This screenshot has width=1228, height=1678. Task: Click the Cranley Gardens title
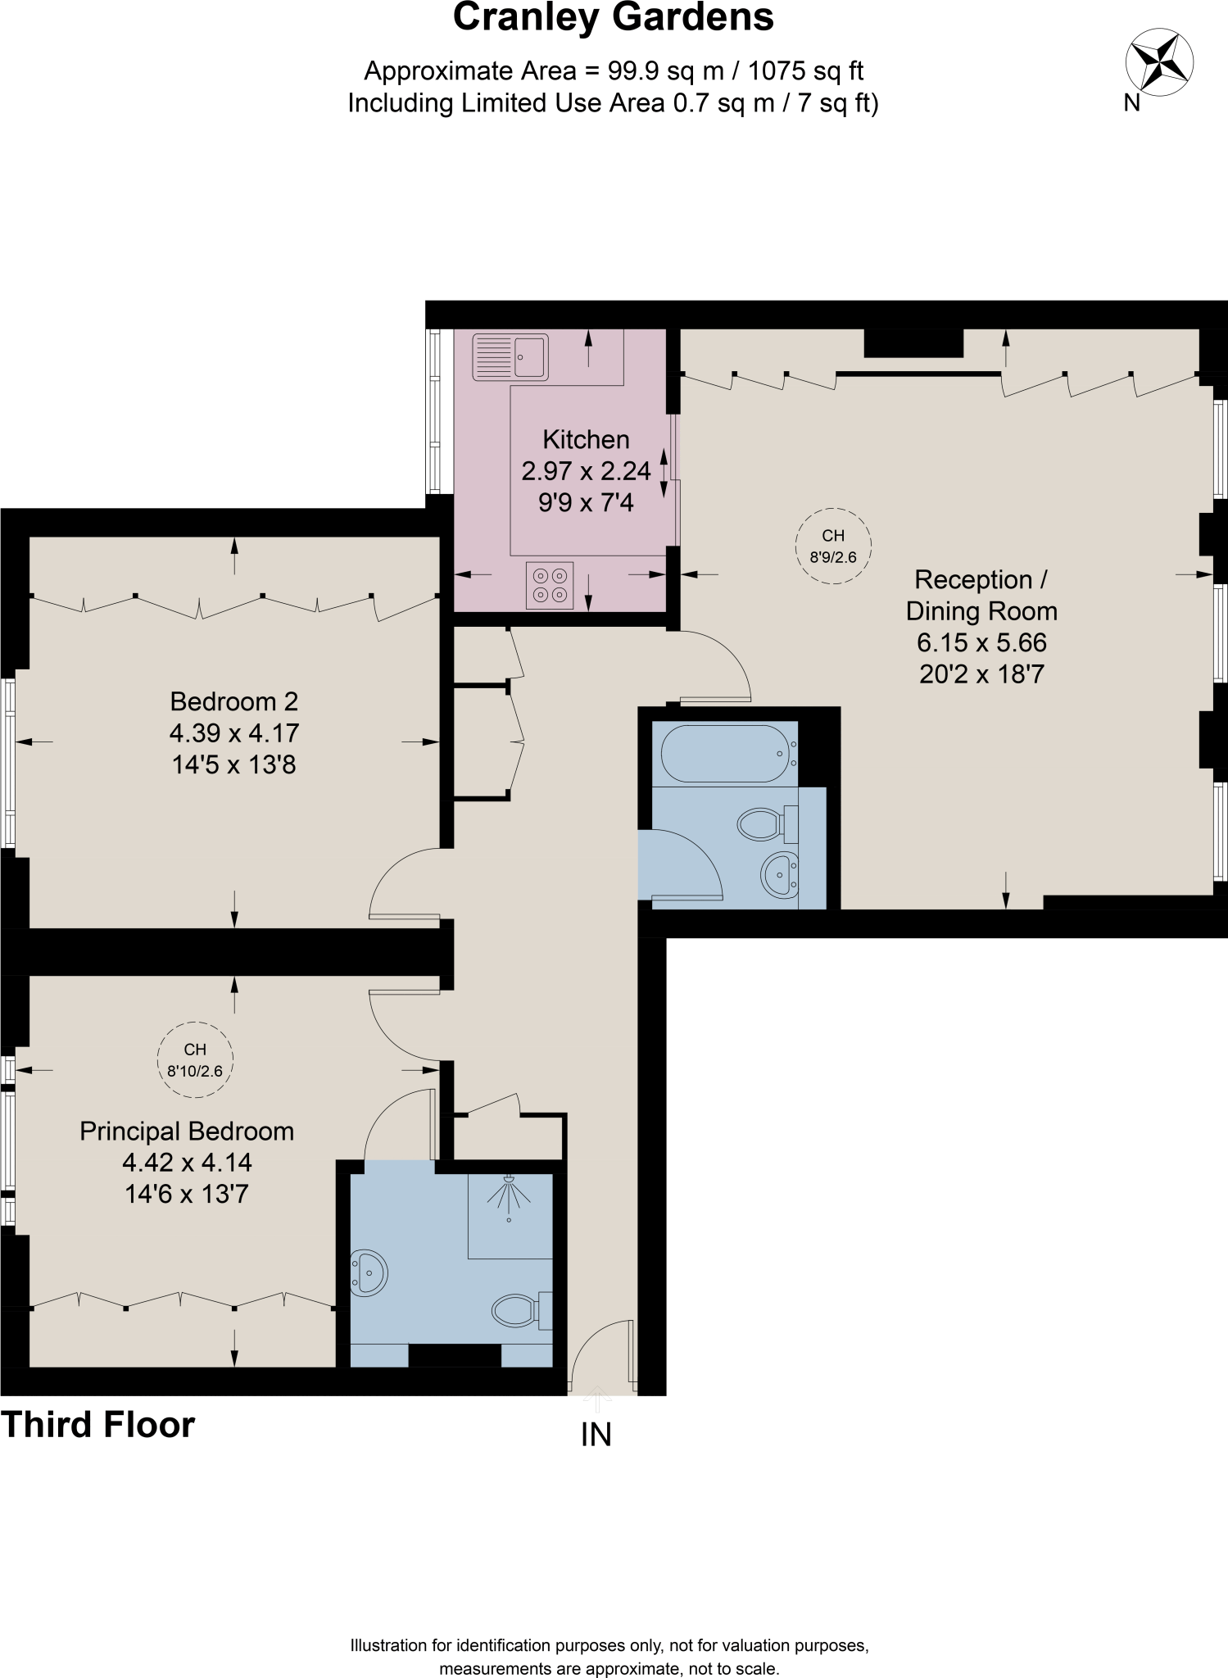coord(613,18)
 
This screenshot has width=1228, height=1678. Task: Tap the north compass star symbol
coord(1158,62)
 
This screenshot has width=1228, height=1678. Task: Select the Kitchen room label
coord(586,440)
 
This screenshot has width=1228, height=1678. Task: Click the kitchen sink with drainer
coord(510,357)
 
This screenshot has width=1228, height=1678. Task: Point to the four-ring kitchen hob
coord(550,585)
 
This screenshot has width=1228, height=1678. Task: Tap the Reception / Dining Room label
coord(981,596)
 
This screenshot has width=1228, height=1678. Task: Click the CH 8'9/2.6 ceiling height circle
coord(833,546)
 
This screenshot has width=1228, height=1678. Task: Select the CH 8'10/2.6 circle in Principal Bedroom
coord(195,1059)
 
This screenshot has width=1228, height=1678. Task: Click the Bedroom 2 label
coord(233,701)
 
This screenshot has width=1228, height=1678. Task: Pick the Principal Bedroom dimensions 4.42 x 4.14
coord(187,1162)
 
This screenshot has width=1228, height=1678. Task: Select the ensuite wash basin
coord(368,1273)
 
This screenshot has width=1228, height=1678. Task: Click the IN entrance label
coord(596,1435)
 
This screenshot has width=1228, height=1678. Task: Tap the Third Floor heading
coord(97,1425)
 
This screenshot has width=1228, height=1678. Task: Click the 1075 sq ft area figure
coord(806,71)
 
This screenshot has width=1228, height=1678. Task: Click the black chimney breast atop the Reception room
coord(913,342)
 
